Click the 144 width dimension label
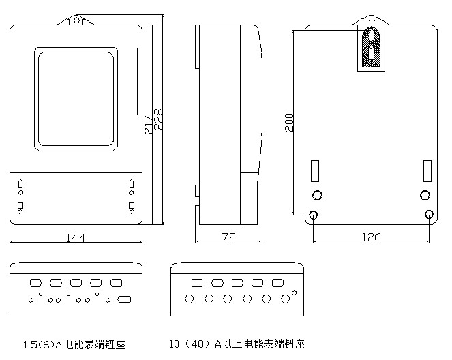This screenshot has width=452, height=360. (76, 238)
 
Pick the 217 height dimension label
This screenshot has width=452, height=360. (149, 123)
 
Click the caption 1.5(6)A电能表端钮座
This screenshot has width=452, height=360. (74, 344)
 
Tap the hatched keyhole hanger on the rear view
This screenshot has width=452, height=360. (370, 48)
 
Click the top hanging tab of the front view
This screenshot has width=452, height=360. (76, 20)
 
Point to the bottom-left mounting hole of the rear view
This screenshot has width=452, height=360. (314, 215)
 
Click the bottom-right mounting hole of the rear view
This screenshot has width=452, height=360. (428, 215)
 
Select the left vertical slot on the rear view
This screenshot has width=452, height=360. (316, 169)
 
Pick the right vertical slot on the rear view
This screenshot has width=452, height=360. (427, 169)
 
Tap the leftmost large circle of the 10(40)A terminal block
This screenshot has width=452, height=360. (189, 299)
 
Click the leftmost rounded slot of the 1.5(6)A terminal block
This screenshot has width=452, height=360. (36, 282)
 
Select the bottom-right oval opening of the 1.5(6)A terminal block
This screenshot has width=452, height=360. (124, 299)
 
